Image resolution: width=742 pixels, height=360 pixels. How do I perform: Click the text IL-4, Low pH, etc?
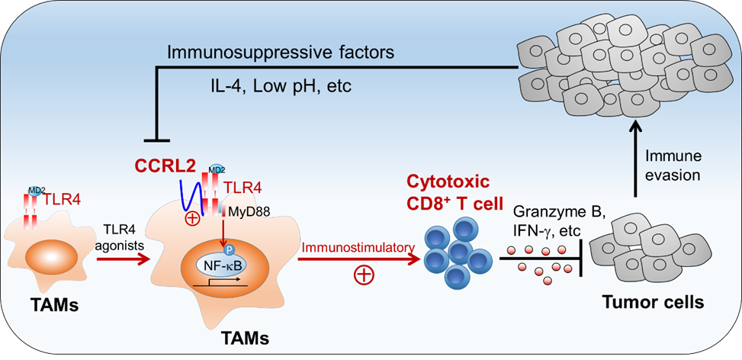click(x=279, y=85)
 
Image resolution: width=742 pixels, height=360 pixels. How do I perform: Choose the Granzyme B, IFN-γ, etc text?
click(x=546, y=220)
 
